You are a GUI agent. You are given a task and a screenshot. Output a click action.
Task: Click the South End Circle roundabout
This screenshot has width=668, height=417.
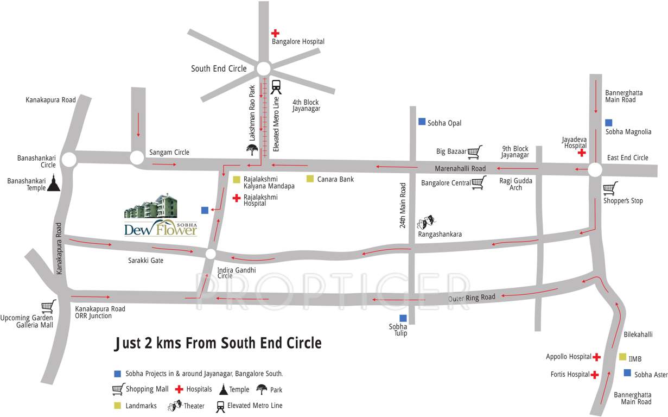[263, 69]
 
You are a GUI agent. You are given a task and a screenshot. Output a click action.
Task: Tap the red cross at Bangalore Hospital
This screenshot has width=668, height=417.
[276, 33]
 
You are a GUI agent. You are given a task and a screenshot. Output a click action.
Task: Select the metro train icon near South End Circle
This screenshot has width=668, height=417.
[276, 87]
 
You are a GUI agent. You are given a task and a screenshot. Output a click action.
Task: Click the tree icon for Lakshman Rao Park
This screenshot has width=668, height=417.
[252, 149]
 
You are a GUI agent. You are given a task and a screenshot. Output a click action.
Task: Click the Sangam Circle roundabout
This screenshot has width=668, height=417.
[137, 158]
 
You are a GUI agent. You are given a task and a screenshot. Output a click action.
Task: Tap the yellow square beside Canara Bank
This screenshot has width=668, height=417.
[310, 179]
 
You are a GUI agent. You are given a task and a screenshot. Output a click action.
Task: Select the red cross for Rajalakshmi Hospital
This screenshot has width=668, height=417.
[237, 199]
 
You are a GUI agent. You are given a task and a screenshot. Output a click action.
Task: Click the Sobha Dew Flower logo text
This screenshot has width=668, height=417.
[160, 229]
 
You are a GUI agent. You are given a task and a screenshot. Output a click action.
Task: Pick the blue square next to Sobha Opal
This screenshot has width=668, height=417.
[422, 122]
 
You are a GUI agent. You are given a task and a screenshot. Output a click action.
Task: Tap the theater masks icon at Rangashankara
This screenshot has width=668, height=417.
[425, 221]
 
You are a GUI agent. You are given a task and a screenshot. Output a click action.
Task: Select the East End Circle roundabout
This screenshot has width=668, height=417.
[595, 170]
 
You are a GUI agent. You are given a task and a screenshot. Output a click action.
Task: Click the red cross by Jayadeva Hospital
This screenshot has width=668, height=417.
[582, 153]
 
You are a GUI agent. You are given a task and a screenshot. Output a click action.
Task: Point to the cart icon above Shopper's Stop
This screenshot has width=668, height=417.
[610, 188]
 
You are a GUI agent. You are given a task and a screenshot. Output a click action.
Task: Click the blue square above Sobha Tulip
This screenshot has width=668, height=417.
[403, 318]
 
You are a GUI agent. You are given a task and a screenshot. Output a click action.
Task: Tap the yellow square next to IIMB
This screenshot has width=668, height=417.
[622, 357]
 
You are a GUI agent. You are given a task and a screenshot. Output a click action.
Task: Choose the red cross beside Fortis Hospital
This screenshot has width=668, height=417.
[595, 375]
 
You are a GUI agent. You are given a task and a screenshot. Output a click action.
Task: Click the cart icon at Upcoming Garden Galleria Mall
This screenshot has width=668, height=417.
[49, 307]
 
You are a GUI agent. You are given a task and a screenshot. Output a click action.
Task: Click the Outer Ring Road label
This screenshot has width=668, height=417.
[472, 298]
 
